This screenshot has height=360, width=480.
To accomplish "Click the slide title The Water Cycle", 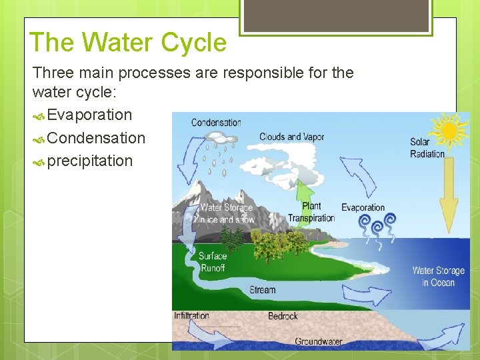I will point(128,43).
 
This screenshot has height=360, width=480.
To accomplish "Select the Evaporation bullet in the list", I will point(89,115).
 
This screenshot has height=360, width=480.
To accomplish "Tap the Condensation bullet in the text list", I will point(96,138).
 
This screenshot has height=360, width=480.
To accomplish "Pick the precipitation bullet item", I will point(89,161).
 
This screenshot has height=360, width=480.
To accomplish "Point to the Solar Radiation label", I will point(427,148).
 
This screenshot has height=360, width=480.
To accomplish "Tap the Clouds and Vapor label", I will point(291,137).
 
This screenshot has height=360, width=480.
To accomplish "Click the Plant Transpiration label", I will point(311,212).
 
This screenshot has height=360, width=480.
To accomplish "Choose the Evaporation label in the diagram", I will point(363,207).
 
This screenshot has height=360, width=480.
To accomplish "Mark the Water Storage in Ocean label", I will point(438,276).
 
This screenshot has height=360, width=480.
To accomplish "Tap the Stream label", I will point(262,290).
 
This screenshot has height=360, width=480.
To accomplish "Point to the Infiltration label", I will point(191,315).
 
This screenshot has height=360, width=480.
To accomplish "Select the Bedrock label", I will point(283,315).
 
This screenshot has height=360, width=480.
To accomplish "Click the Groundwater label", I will point(319,341).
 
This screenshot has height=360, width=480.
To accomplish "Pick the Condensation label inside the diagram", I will point(216,123).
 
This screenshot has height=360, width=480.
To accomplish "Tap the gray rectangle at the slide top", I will point(336,15).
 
